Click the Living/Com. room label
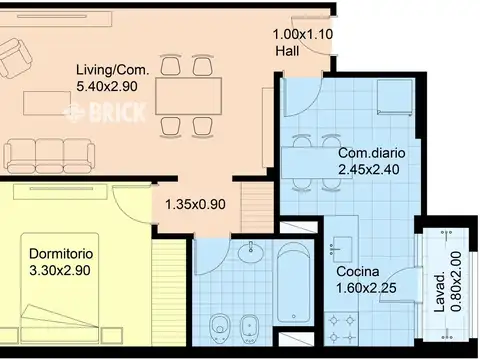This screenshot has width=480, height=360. tap(113, 70)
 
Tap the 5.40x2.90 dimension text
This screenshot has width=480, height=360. tap(107, 87)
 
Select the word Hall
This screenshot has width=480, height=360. tap(287, 51)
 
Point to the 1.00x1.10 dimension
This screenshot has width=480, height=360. tap(303, 34)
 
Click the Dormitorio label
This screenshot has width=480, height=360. tap(61, 254)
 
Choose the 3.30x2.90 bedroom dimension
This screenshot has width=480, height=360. tap(60, 270)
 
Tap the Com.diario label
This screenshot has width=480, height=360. tap(372, 153)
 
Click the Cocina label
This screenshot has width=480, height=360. tap(358, 272)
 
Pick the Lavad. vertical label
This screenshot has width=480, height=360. tap(440, 292)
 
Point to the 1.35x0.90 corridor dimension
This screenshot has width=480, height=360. tap(195, 204)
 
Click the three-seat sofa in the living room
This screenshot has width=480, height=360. tap(49, 156)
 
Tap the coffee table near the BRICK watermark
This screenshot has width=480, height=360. tap(47, 103)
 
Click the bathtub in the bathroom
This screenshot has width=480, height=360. tap(293, 283)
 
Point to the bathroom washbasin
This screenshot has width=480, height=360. tap(251, 250)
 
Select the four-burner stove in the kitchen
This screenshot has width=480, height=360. tap(342, 329)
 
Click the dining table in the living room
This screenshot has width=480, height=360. tap(189, 96)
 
